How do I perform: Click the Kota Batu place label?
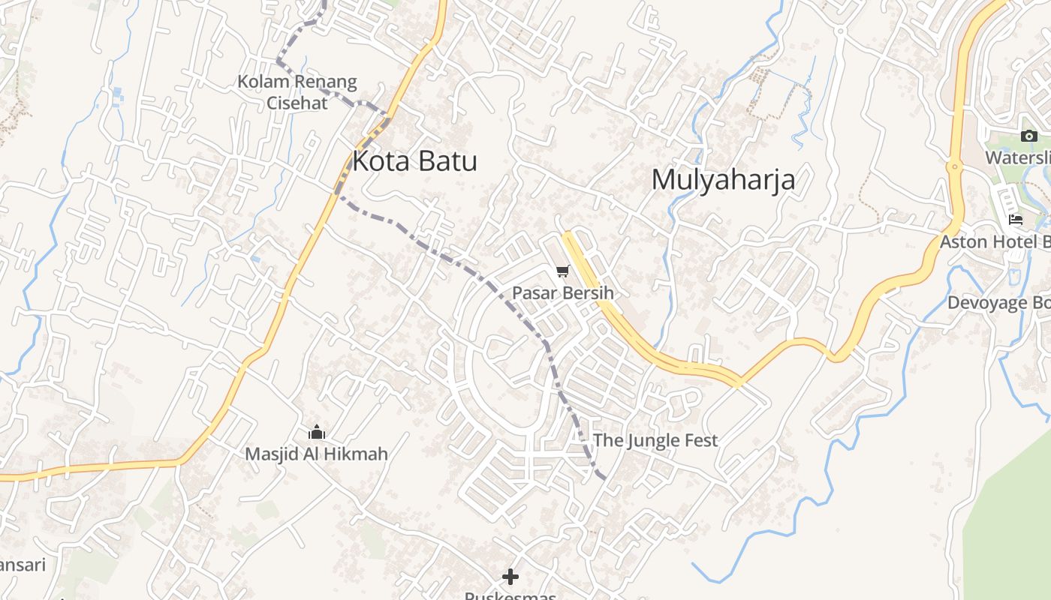click(414, 161)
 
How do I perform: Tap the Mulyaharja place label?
click(723, 180)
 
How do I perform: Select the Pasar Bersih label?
click(562, 292)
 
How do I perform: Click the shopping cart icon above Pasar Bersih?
click(563, 271)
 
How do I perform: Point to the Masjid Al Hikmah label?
click(316, 454)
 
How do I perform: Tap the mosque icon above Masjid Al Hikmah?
click(317, 433)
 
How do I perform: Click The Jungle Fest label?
click(655, 440)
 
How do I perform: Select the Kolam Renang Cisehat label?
click(297, 91)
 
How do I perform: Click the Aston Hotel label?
click(995, 241)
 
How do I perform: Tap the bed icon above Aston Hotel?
click(1016, 220)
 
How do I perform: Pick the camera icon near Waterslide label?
click(1028, 136)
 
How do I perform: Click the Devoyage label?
click(998, 303)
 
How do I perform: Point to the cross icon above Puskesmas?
click(510, 577)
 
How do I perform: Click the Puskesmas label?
click(510, 595)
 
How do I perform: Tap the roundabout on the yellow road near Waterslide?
click(954, 166)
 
